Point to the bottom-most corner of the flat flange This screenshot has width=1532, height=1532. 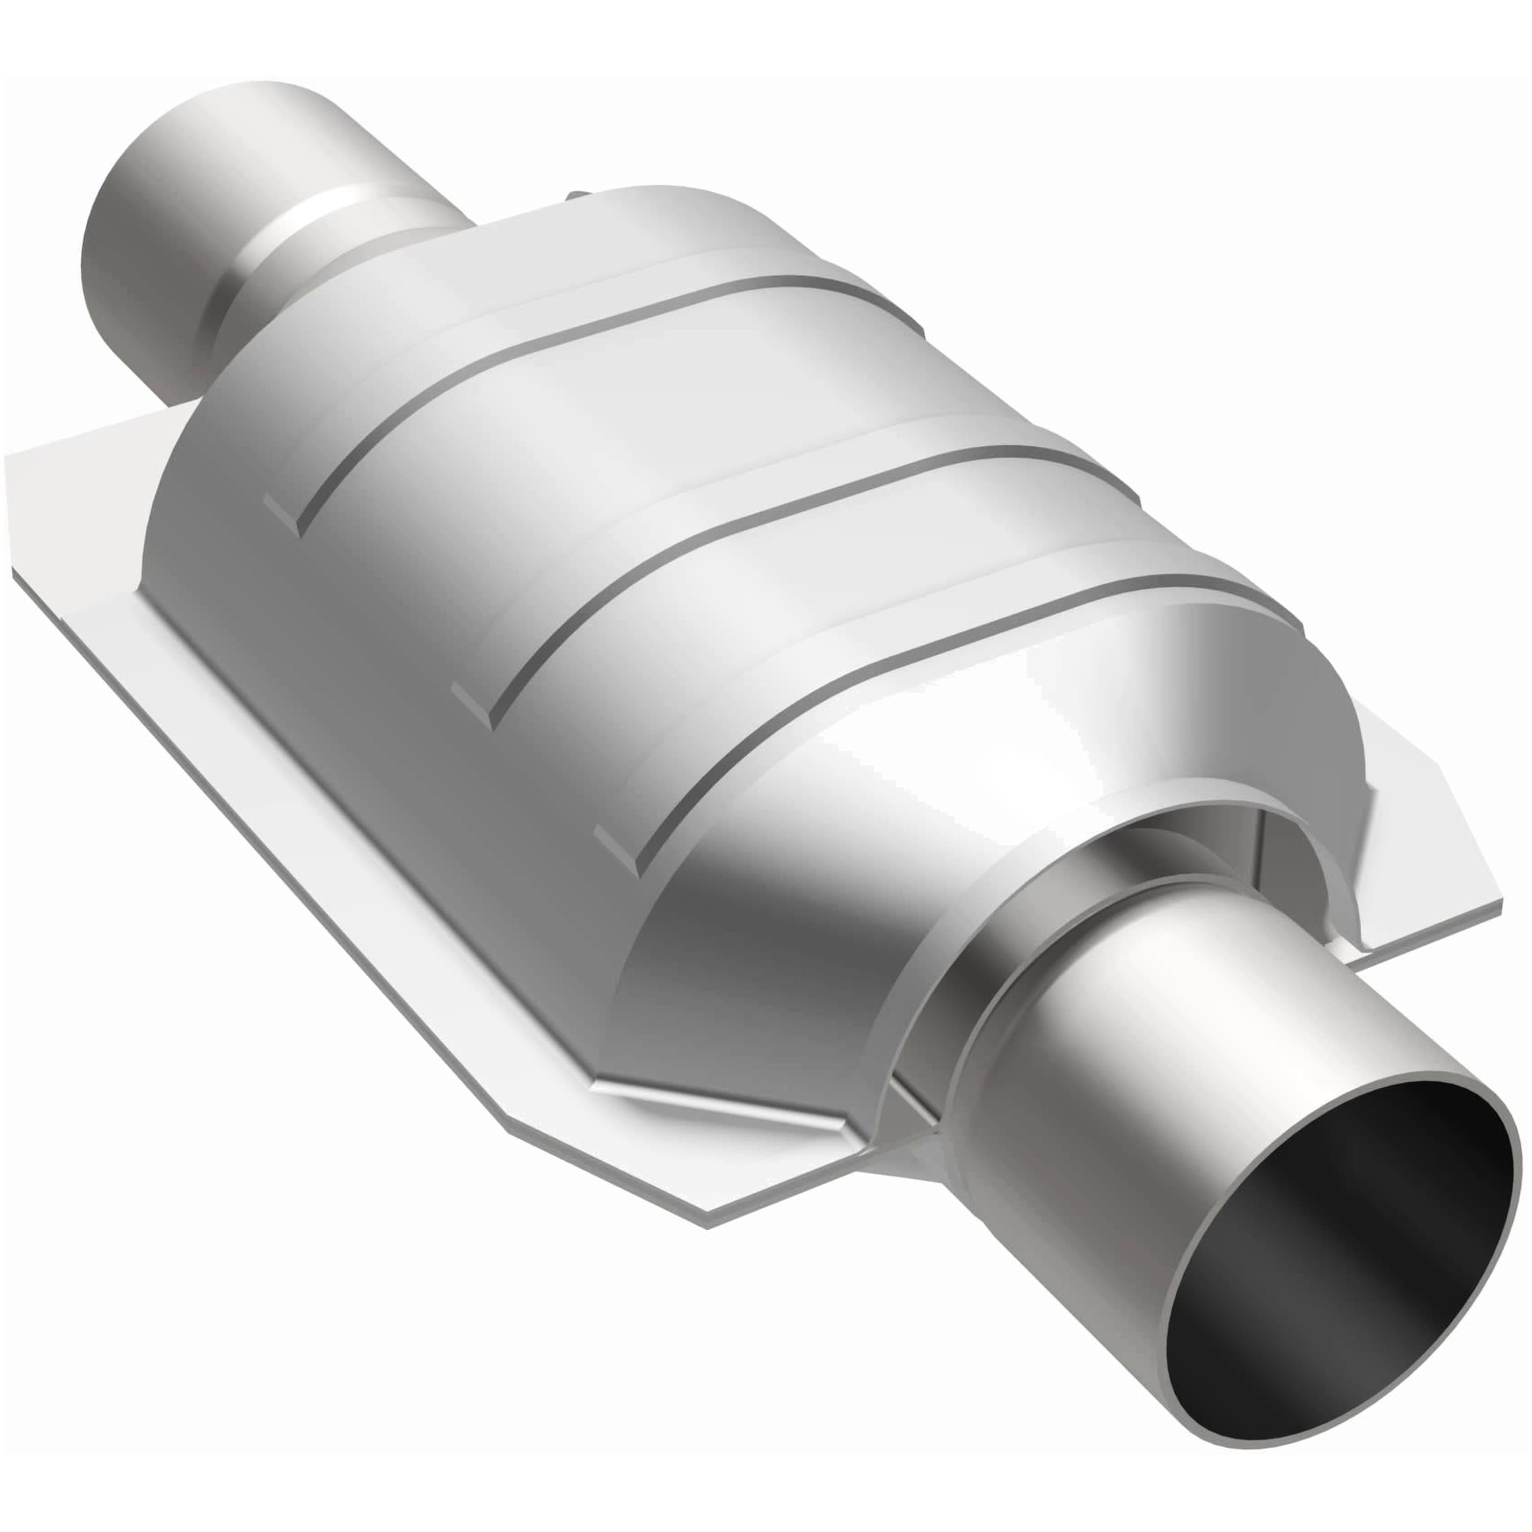click(x=706, y=1225)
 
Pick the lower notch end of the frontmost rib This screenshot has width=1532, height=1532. click(x=618, y=852)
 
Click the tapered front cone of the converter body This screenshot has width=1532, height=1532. click(x=793, y=951)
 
